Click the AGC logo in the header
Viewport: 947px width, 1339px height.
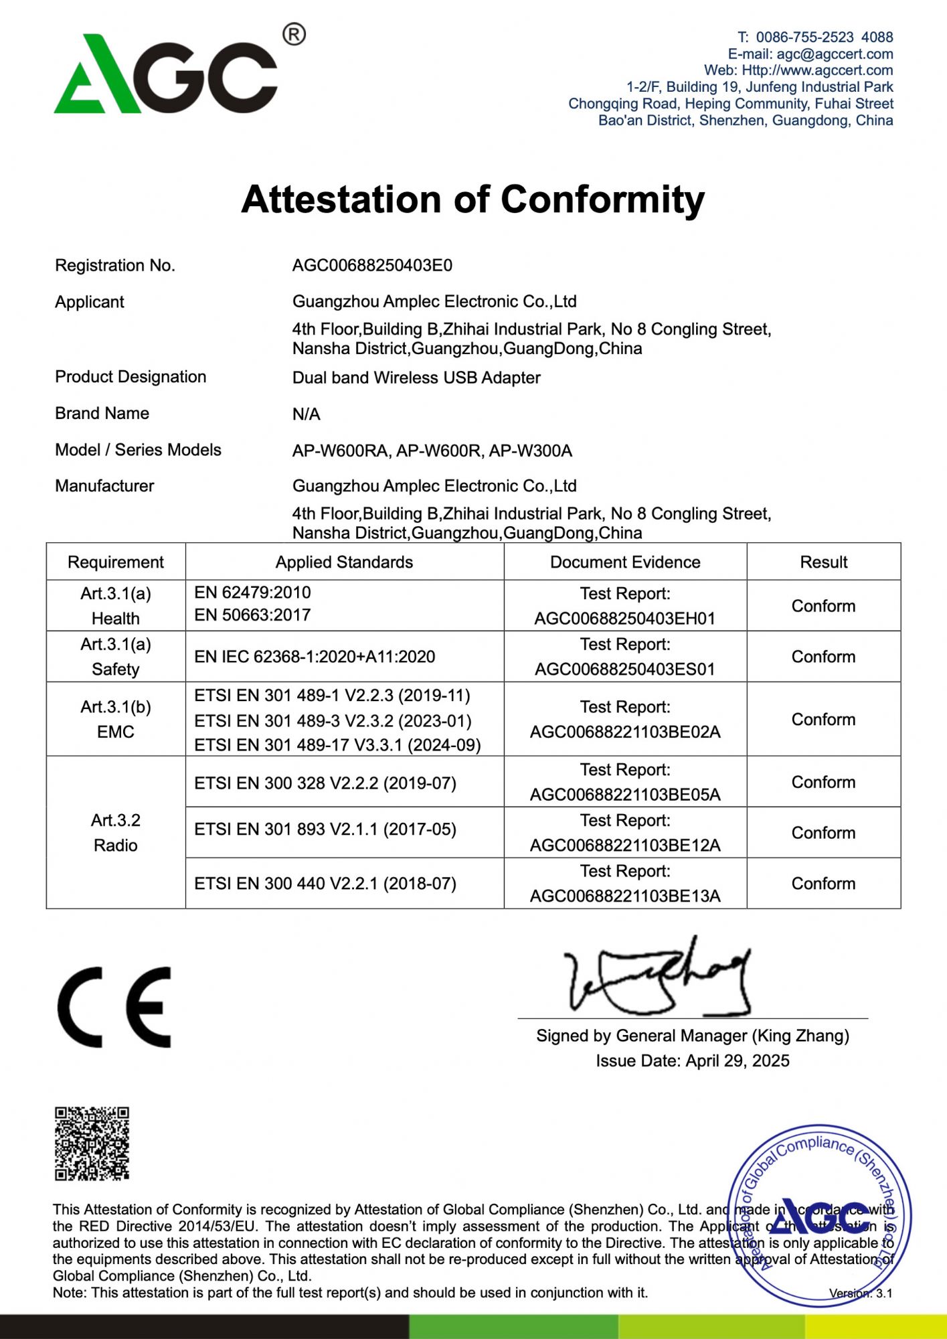(166, 74)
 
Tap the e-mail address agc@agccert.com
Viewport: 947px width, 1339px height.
(835, 54)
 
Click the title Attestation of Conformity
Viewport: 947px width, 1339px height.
(472, 200)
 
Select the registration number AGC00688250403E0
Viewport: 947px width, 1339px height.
(372, 266)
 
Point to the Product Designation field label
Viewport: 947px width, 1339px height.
(131, 377)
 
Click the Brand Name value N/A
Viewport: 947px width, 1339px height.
(307, 414)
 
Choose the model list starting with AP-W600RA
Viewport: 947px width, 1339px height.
(432, 451)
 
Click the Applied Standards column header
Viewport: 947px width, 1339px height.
(344, 562)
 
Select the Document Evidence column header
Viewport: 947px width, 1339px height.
(625, 562)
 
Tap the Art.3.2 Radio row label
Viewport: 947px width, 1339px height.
(116, 833)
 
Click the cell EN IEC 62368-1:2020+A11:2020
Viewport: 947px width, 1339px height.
(315, 657)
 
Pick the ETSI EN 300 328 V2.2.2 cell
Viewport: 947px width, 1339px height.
(325, 783)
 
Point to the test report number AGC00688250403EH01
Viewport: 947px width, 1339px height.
(625, 619)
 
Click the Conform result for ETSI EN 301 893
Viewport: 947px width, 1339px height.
(823, 833)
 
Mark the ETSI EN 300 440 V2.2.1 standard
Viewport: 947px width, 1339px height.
(325, 884)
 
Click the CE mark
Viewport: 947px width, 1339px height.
(114, 1007)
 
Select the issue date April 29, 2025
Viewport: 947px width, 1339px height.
(693, 1061)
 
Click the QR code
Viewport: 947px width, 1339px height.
(92, 1144)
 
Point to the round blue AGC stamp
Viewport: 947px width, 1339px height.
(819, 1215)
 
